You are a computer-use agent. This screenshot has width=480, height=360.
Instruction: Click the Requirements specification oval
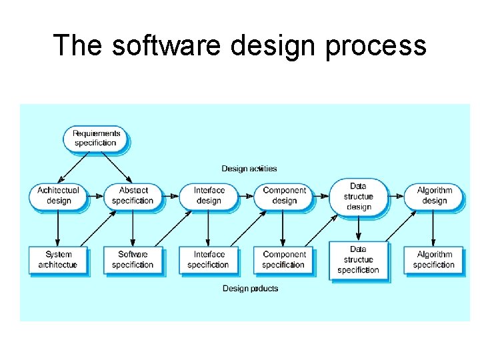coord(96,138)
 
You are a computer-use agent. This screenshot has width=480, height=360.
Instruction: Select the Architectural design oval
coord(58,195)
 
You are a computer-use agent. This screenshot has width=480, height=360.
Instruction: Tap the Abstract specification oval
coord(133,195)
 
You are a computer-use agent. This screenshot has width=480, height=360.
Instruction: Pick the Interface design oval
coord(208,195)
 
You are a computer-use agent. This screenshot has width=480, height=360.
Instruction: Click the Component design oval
coord(284,195)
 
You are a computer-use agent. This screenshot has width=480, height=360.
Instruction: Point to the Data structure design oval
coord(359,197)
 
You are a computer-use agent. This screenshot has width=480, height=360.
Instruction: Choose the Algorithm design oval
coord(434,195)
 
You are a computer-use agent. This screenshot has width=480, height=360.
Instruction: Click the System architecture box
coord(58,259)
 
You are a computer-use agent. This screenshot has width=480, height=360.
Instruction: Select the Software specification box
coord(133,259)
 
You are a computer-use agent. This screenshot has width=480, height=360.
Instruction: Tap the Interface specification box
coord(208,259)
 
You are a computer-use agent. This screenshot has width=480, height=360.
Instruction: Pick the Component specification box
coord(284,259)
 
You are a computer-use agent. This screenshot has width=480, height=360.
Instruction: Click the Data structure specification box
coord(359,260)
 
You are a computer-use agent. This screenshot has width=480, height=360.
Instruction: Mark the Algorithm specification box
coord(434,259)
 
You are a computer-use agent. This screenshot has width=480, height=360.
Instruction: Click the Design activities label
coord(249,169)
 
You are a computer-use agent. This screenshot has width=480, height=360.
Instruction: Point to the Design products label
coord(250,289)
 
